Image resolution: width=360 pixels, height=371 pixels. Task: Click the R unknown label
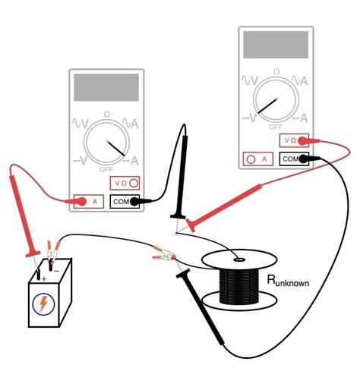pyautogui.click(x=288, y=281)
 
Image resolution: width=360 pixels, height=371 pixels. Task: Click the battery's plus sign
pyautogui.click(x=44, y=279)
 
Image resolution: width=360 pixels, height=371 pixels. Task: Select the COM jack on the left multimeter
pyautogui.click(x=125, y=201)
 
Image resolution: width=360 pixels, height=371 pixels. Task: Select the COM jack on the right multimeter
pyautogui.click(x=294, y=159)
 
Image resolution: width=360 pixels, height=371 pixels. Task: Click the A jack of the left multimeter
pyautogui.click(x=88, y=202)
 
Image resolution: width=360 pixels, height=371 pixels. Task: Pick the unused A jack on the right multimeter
pyautogui.click(x=257, y=159)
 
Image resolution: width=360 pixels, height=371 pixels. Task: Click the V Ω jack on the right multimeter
pyautogui.click(x=294, y=140)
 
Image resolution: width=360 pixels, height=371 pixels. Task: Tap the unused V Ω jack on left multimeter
pyautogui.click(x=125, y=183)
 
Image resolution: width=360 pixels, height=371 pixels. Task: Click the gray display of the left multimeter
pyautogui.click(x=106, y=87)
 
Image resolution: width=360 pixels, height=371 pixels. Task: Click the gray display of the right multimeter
pyautogui.click(x=276, y=45)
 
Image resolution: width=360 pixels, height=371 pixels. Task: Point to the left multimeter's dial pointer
pyautogui.click(x=116, y=148)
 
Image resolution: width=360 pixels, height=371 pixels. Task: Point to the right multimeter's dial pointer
pyautogui.click(x=268, y=105)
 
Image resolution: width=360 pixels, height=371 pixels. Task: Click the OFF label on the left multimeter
pyautogui.click(x=106, y=169)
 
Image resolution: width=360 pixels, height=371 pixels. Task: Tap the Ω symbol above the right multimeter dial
pyautogui.click(x=276, y=72)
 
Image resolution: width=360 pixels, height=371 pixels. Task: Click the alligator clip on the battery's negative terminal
pyautogui.click(x=53, y=251)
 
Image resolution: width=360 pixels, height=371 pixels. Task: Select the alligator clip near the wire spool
pyautogui.click(x=164, y=256)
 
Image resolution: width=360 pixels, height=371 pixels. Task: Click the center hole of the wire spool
pyautogui.click(x=238, y=259)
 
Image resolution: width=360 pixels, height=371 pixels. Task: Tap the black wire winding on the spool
pyautogui.click(x=239, y=286)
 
